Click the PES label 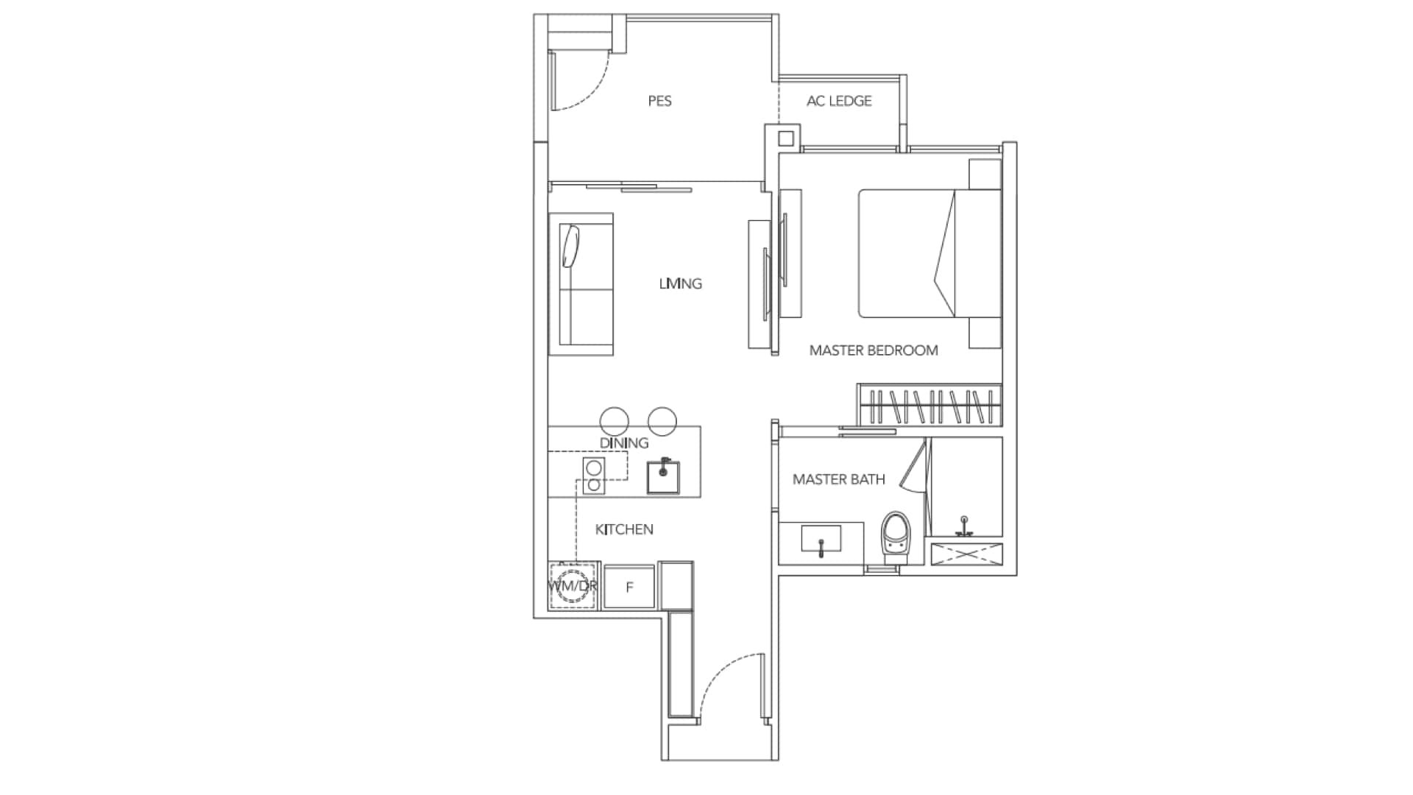659,101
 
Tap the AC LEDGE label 839,101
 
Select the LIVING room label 680,283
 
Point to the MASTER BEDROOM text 874,350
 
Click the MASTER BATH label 838,479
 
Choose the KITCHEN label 624,529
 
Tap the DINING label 624,443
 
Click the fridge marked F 629,587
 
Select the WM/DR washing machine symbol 573,587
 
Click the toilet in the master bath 896,538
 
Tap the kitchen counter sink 663,477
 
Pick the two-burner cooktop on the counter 593,476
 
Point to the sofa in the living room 581,285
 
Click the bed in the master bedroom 929,254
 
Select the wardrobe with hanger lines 929,405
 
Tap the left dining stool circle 615,420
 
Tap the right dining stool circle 662,420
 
